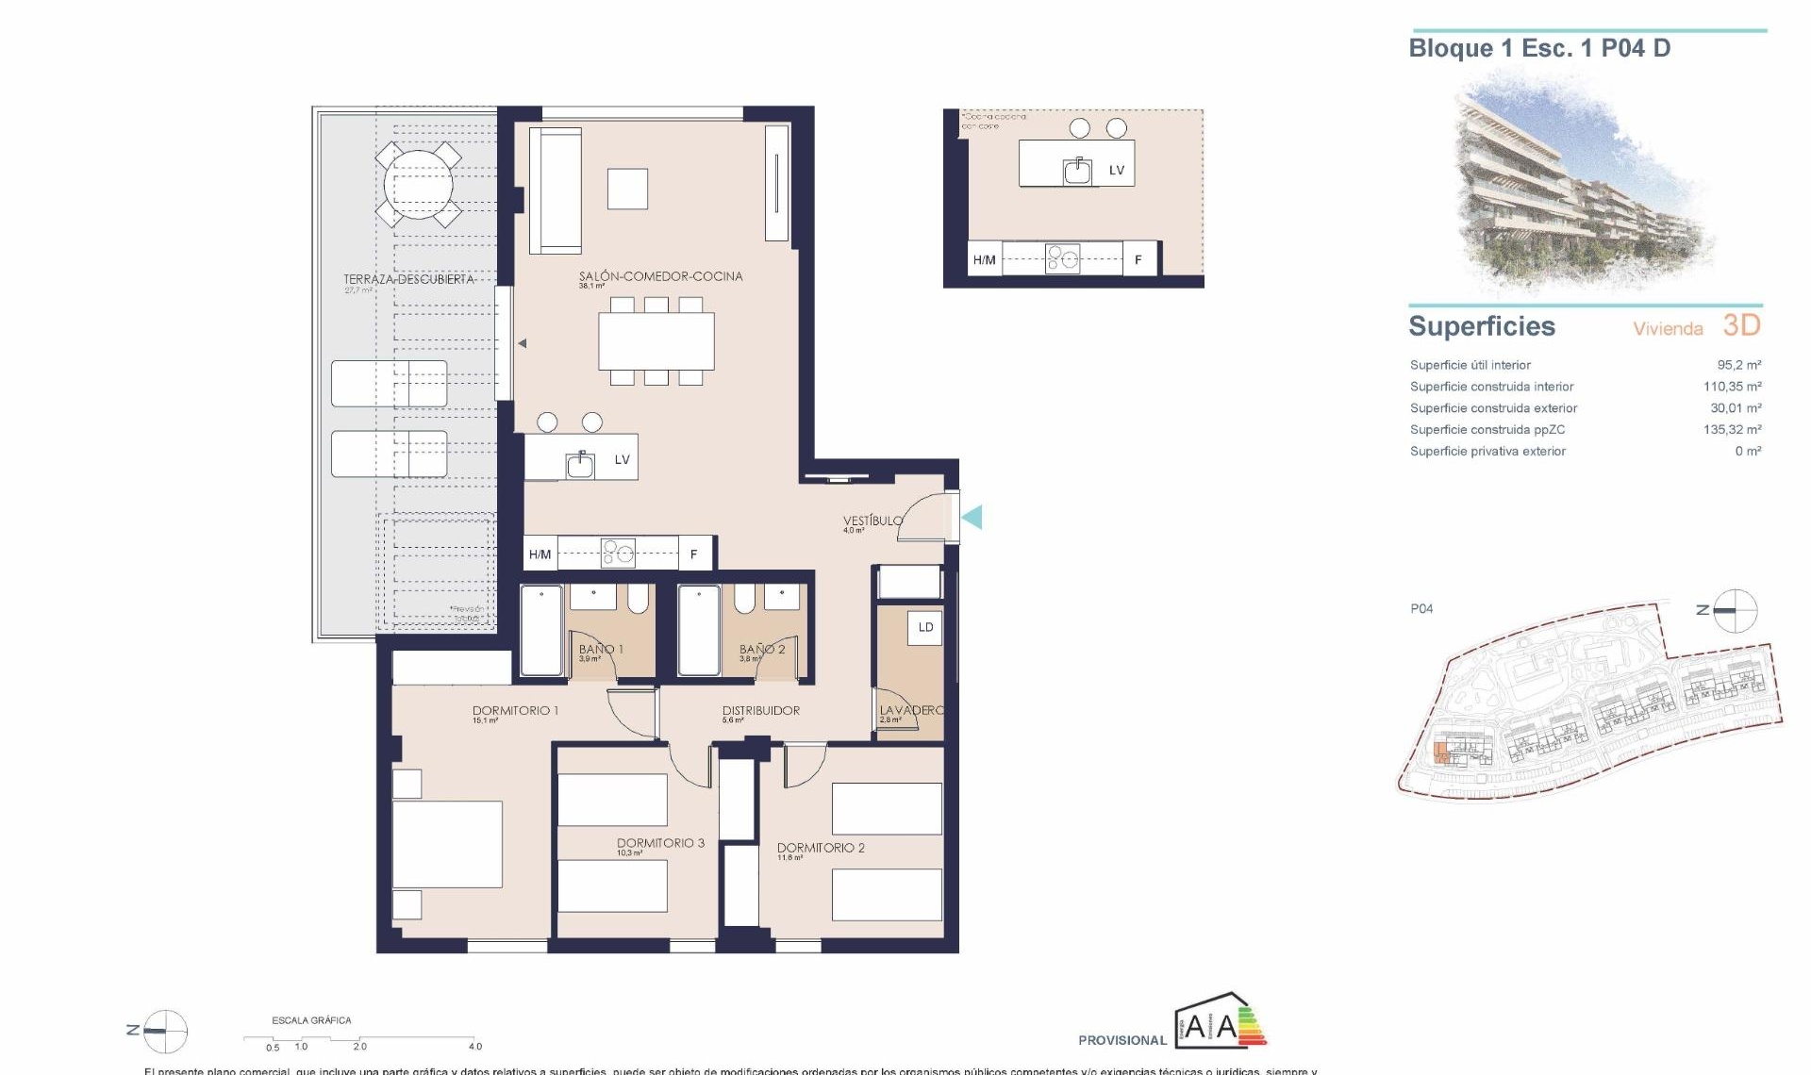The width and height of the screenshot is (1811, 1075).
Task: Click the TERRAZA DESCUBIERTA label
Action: tap(407, 279)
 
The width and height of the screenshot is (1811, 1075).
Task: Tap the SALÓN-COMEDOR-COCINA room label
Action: tap(660, 276)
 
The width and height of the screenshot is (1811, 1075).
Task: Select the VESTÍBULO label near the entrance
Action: tap(872, 521)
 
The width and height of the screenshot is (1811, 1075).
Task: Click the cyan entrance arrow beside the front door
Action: tap(972, 517)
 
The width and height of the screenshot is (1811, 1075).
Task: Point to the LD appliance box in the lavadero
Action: tap(925, 628)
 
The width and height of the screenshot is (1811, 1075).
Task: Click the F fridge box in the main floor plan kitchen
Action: tap(694, 554)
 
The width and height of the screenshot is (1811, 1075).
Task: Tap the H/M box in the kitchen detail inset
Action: tap(984, 260)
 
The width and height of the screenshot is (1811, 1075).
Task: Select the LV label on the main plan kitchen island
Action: tap(622, 460)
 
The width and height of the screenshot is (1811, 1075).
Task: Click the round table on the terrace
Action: tap(418, 185)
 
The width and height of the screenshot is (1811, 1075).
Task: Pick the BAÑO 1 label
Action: tap(600, 649)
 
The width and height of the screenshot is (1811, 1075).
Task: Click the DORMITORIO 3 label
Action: tap(660, 843)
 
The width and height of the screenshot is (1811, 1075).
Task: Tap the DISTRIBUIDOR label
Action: tap(760, 711)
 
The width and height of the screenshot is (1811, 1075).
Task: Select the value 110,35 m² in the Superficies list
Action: tap(1732, 387)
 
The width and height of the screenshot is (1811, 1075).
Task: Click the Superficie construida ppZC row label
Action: tap(1487, 430)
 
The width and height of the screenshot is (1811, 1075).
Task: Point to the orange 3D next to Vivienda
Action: tap(1741, 325)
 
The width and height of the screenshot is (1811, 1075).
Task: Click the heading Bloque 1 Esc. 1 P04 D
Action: tap(1538, 49)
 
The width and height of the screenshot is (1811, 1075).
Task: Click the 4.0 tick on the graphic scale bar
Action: tap(474, 1044)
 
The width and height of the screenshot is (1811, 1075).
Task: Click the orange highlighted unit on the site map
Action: tap(1440, 752)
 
